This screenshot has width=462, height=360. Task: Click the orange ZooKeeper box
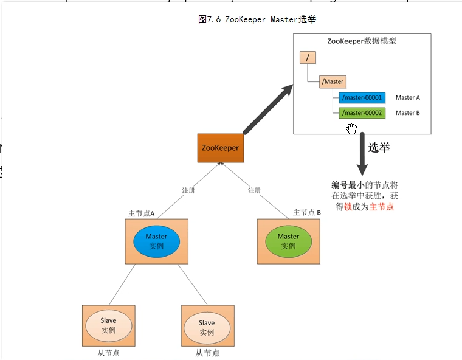[221, 148]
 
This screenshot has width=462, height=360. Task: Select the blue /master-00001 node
[362, 98]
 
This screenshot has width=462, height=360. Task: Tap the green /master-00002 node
[362, 112]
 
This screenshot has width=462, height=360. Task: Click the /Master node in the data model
[333, 81]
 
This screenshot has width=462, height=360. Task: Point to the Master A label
[408, 98]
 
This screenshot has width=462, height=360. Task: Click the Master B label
[408, 112]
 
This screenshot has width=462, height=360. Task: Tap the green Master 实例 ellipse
[288, 241]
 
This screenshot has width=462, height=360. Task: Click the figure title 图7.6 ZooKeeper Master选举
[257, 19]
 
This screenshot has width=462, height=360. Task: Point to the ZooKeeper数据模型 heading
[362, 41]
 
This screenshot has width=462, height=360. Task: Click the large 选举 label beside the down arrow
[379, 148]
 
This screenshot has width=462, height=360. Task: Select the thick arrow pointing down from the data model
[362, 155]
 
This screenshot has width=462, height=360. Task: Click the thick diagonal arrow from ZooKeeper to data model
[267, 109]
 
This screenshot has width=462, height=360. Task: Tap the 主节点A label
[142, 213]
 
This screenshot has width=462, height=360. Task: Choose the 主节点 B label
[307, 212]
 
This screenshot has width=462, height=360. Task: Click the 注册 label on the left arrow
[188, 190]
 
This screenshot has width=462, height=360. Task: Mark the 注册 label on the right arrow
[254, 190]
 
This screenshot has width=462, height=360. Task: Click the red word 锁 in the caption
[348, 207]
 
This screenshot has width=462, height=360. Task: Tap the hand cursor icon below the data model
[351, 128]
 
